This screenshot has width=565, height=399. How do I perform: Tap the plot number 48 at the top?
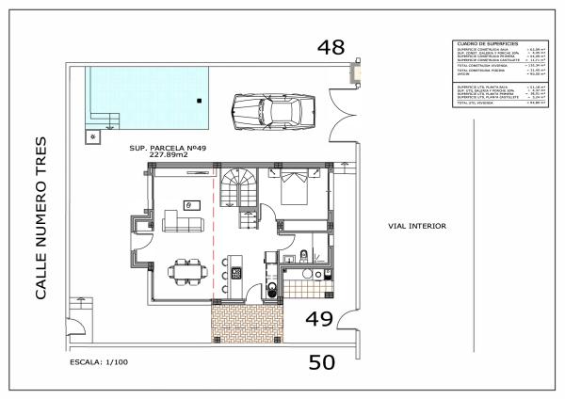(331, 47)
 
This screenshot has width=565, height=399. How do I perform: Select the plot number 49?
(319, 319)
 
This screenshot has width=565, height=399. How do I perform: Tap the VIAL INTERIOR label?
(416, 226)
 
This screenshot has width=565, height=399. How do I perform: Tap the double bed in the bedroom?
(291, 188)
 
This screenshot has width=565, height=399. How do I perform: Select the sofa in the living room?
(184, 223)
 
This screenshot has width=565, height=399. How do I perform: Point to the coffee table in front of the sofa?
(192, 203)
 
